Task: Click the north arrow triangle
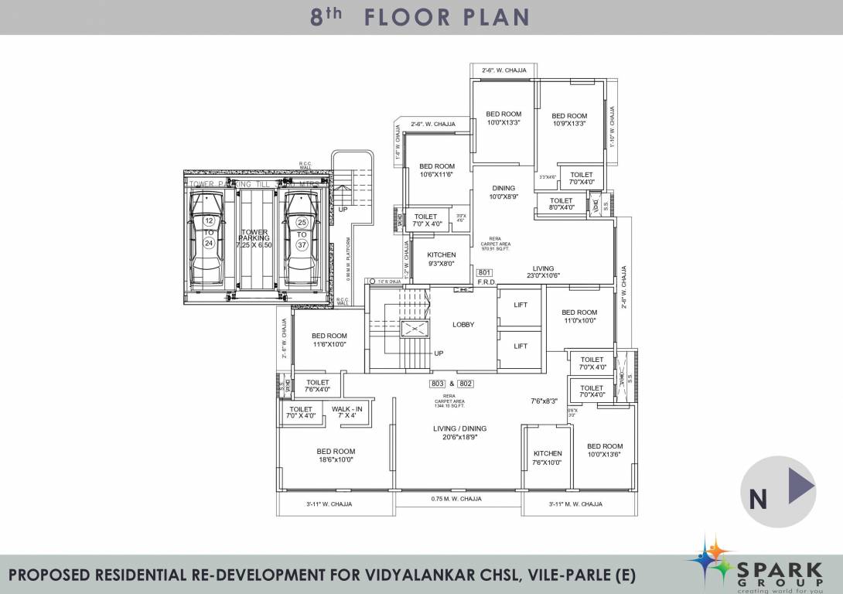coord(800,487)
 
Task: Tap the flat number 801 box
coord(485,272)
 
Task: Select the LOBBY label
coord(463,325)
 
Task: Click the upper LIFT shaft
coord(520,306)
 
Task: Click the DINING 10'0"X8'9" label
coord(503,192)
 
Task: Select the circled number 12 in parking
coord(209,221)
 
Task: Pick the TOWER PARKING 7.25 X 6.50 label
coord(254,237)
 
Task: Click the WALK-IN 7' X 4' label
coord(346,412)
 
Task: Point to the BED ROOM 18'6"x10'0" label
coord(336,456)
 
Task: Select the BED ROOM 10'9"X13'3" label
coord(570,120)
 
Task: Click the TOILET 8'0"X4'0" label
coord(561,204)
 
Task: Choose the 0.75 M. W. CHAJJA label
coord(456,499)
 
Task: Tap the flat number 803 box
coord(438,384)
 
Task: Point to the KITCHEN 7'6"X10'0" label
coord(548,458)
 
